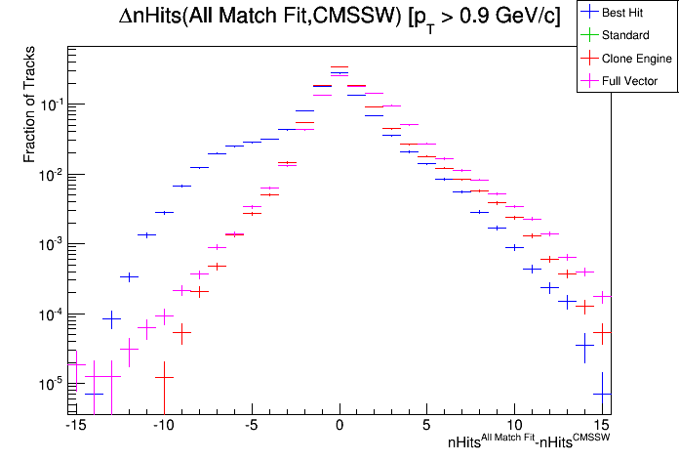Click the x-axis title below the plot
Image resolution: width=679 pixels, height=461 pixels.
(x=529, y=441)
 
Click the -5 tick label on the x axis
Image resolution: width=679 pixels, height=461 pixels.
(x=251, y=426)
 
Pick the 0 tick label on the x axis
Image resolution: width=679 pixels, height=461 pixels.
(x=339, y=426)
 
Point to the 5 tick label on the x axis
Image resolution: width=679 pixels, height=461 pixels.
(x=427, y=426)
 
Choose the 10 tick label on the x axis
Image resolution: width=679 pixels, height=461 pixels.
(x=515, y=426)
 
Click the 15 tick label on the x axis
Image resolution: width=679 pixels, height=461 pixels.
(x=602, y=426)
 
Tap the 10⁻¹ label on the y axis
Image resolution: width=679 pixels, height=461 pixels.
(x=49, y=105)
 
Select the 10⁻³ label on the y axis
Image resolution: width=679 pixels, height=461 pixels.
(x=49, y=243)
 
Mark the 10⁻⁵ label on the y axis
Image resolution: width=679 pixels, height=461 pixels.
(x=49, y=382)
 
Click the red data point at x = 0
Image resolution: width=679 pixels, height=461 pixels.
(x=339, y=67)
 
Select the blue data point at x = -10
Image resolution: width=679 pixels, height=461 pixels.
(x=164, y=212)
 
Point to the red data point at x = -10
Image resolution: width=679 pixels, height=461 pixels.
(x=164, y=376)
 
